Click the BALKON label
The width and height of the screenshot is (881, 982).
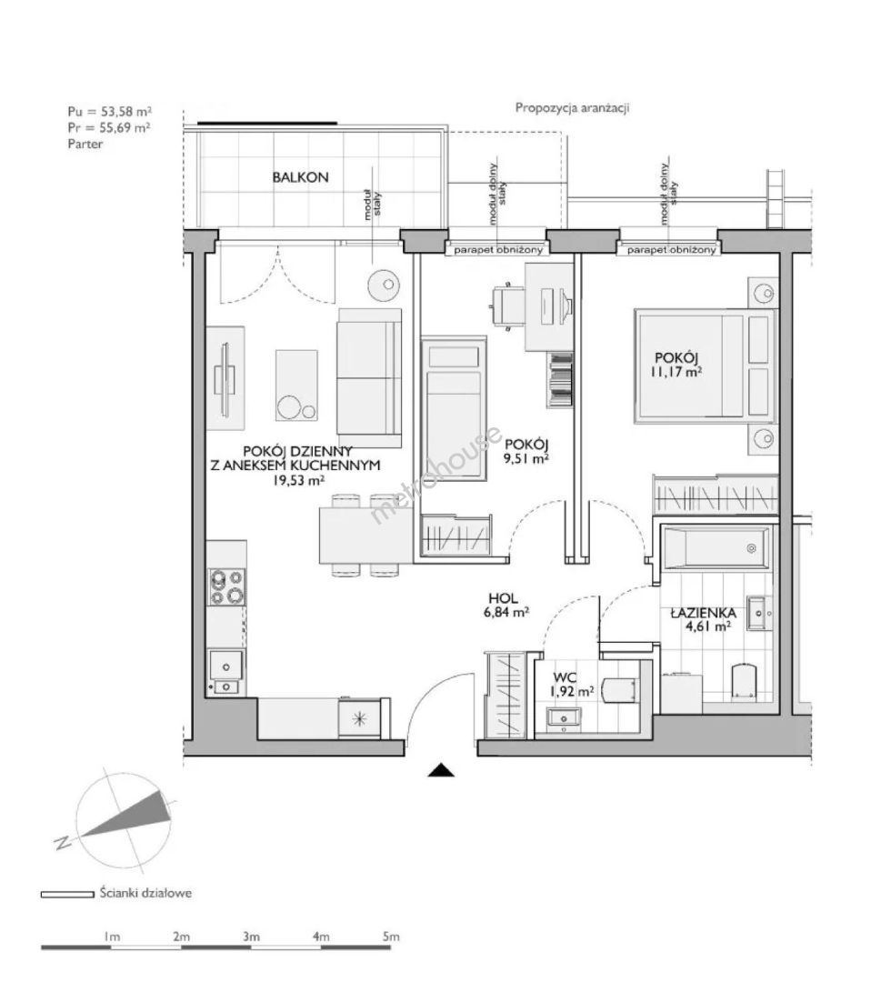[x=300, y=177]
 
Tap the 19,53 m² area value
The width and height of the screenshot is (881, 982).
[x=298, y=480]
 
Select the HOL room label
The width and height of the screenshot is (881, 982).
[x=505, y=599]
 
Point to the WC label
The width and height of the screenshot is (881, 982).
[x=566, y=677]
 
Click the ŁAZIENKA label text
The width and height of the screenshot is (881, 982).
[x=703, y=613]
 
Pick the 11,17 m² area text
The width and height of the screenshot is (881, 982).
[x=676, y=371]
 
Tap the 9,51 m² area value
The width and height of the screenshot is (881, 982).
[x=526, y=457]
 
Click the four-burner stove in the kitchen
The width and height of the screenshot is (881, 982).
[x=226, y=586]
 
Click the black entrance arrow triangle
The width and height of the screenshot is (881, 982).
[x=441, y=770]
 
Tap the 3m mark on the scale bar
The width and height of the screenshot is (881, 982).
[x=250, y=937]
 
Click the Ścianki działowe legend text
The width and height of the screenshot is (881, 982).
[x=145, y=893]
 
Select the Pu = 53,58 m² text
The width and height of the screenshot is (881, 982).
[x=110, y=112]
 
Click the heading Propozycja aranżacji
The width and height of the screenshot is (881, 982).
[x=572, y=107]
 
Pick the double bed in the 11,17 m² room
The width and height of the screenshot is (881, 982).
[x=705, y=366]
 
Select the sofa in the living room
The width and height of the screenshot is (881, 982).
[x=369, y=378]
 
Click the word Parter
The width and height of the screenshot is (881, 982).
[x=85, y=144]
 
